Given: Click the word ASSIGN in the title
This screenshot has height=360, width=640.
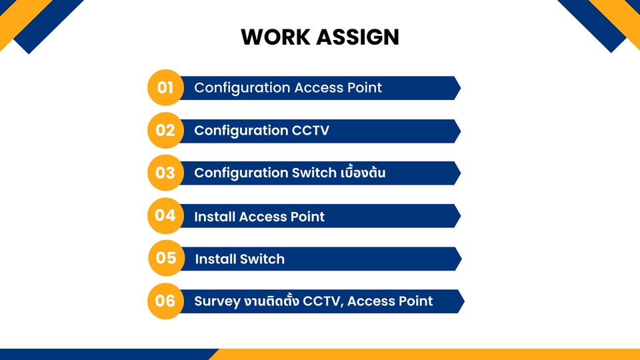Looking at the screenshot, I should pyautogui.click(x=359, y=37).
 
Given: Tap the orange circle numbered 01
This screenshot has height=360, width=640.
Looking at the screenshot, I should pyautogui.click(x=165, y=87).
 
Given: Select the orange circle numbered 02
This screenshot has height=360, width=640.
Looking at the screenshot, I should pyautogui.click(x=165, y=130).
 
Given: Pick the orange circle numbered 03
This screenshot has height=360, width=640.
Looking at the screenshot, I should pyautogui.click(x=165, y=173).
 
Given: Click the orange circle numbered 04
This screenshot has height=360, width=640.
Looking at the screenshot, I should pyautogui.click(x=165, y=215).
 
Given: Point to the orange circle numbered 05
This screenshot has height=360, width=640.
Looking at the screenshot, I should pyautogui.click(x=166, y=258).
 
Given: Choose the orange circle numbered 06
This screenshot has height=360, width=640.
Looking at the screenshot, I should pyautogui.click(x=165, y=301).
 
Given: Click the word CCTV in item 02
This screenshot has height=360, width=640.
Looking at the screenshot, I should pyautogui.click(x=311, y=131).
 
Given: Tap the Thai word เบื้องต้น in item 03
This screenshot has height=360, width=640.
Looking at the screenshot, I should pyautogui.click(x=363, y=173).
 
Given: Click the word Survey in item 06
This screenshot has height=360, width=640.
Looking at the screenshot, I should pyautogui.click(x=217, y=301).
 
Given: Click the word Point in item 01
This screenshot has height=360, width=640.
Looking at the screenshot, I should pyautogui.click(x=364, y=88).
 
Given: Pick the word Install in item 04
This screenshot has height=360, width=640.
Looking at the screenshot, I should pyautogui.click(x=214, y=217).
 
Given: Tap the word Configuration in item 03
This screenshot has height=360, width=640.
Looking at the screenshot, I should pyautogui.click(x=241, y=173).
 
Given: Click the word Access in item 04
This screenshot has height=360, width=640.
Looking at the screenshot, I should pyautogui.click(x=262, y=217).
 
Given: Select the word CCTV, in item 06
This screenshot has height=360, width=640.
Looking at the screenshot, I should pyautogui.click(x=323, y=301).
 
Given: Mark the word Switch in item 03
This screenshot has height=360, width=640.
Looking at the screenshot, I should pyautogui.click(x=314, y=173).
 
